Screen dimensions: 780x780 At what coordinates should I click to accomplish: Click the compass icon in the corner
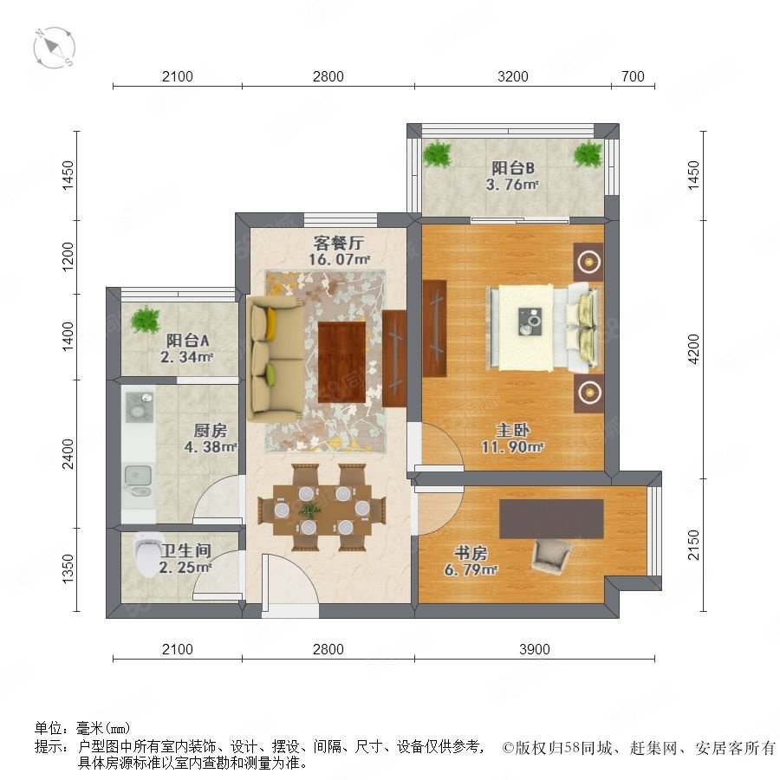(x=55, y=48)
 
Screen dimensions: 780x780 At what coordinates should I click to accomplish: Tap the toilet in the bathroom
(x=148, y=555)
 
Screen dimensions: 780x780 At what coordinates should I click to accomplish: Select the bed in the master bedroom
(x=545, y=328)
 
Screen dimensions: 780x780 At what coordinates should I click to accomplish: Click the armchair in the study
(x=551, y=556)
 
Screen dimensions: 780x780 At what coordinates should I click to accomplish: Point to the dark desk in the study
(x=552, y=519)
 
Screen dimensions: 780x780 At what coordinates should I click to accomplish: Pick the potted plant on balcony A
(x=146, y=319)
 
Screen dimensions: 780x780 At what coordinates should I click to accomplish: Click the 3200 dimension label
(x=513, y=76)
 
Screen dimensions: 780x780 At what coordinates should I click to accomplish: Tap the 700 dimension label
(x=633, y=76)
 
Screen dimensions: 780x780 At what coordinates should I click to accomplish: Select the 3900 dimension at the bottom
(x=534, y=649)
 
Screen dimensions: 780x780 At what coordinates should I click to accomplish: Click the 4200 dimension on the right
(x=693, y=348)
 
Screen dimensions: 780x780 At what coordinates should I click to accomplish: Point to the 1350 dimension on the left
(x=68, y=569)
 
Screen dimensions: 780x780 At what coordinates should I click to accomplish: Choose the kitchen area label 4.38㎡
(x=211, y=446)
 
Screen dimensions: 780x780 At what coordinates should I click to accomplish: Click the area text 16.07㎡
(x=339, y=259)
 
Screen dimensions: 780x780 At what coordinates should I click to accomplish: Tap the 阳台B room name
(x=513, y=167)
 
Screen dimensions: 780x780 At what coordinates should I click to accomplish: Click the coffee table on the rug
(x=341, y=362)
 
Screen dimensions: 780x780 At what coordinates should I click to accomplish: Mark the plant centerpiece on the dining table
(x=309, y=509)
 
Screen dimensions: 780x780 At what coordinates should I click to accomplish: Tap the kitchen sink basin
(x=138, y=476)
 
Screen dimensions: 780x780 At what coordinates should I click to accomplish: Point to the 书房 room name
(x=470, y=553)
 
